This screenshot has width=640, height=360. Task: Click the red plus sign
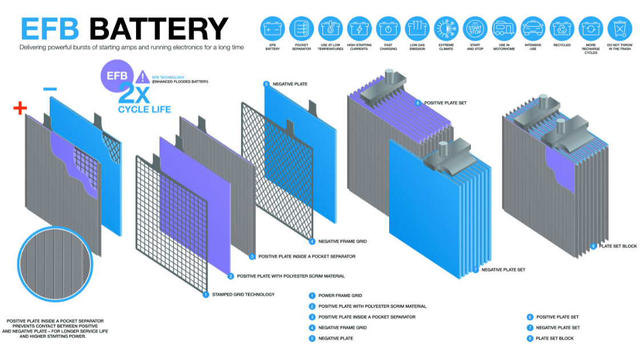20,108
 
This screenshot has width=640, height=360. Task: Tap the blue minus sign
50,89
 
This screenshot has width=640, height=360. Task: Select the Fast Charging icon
388,28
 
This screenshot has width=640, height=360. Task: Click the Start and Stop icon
475,28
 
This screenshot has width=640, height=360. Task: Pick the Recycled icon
562,28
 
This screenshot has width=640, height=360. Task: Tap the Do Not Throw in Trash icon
619,28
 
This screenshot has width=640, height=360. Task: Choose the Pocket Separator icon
301,28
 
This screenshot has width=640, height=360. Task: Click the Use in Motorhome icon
504,28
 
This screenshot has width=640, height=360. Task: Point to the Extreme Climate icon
446,28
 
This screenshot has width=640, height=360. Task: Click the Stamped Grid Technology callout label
243,295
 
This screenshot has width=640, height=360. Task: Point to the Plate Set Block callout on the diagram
617,246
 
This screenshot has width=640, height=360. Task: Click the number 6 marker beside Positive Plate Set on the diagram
418,103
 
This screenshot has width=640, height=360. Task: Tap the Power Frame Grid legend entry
340,295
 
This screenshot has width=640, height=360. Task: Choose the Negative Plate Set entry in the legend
558,327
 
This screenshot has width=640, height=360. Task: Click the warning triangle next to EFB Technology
143,77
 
